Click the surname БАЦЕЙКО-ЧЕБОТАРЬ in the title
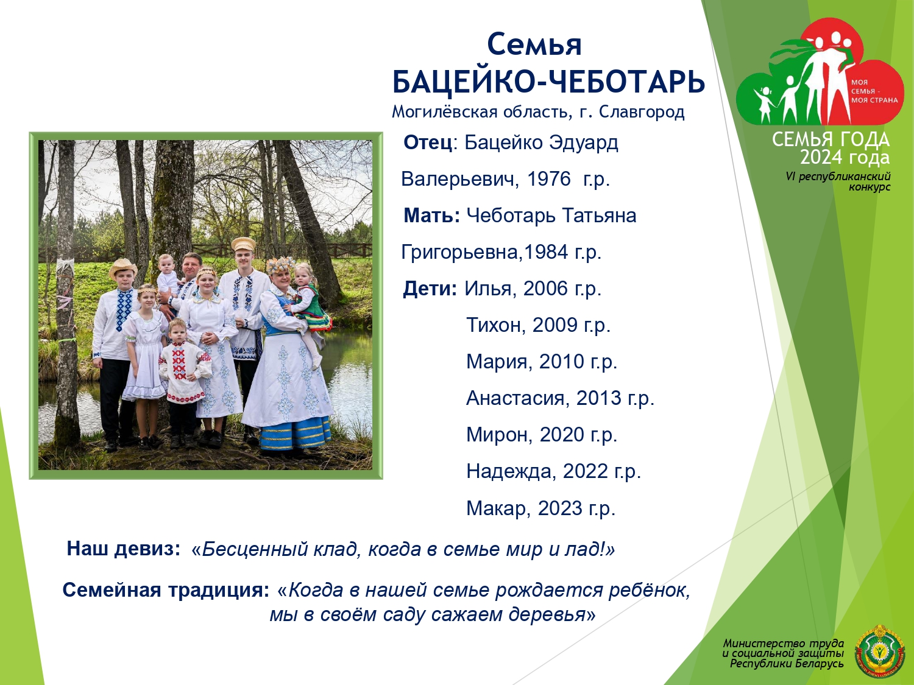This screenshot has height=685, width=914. [548, 82]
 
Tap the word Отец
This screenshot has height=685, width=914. [428, 142]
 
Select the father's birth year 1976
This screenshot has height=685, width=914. [548, 179]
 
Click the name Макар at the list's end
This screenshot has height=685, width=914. [498, 508]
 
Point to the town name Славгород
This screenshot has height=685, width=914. [642, 112]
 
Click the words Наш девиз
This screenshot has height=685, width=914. [123, 549]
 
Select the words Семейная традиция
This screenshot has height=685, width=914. [166, 590]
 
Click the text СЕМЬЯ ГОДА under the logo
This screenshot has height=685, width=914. [831, 140]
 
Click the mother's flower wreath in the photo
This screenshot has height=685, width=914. [281, 265]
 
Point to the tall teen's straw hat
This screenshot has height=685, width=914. [243, 244]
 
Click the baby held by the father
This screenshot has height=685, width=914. [168, 276]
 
